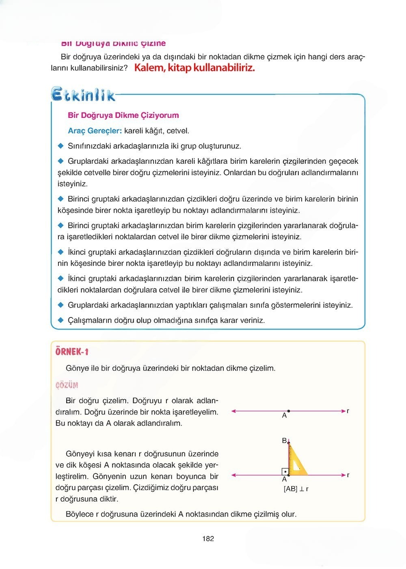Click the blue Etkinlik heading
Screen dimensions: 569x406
click(83, 95)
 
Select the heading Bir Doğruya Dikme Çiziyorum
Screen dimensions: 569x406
click(123, 115)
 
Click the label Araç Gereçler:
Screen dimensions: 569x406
click(95, 131)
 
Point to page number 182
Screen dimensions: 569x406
click(208, 539)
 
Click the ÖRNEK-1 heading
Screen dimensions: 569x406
click(72, 352)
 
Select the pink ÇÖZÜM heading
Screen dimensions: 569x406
click(67, 385)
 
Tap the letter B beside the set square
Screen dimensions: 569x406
click(284, 441)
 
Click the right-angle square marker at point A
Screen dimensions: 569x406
click(285, 472)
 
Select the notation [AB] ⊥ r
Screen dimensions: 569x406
click(296, 489)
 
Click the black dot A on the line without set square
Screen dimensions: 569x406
click(288, 411)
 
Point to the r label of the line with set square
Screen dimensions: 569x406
click(348, 475)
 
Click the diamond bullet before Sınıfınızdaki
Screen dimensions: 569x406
click(61, 146)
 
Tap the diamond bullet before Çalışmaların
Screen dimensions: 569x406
click(61, 320)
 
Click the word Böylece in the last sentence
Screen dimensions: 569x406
click(80, 514)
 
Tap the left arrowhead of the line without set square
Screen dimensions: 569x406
click(233, 411)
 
